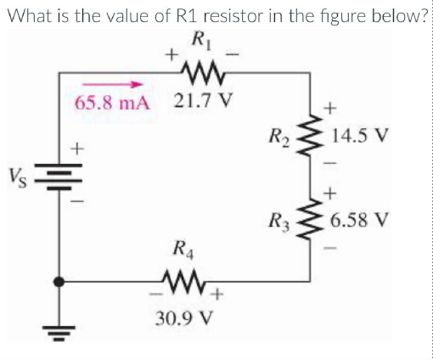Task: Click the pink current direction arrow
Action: click(110, 84)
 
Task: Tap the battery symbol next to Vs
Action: click(59, 180)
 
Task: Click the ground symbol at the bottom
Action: click(59, 329)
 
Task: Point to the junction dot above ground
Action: click(59, 280)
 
